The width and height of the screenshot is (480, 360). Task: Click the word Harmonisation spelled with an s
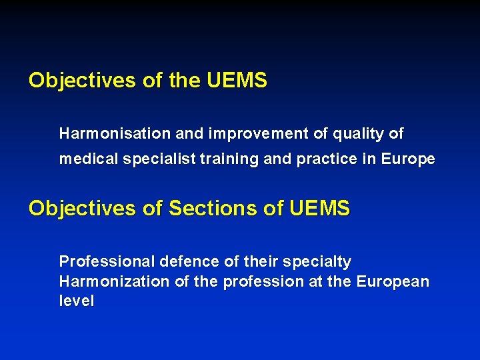click(115, 133)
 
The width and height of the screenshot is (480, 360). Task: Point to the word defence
click(186, 261)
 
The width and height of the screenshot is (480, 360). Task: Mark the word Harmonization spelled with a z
click(115, 281)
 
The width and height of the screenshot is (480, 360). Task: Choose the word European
click(393, 281)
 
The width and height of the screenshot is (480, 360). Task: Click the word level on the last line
click(77, 301)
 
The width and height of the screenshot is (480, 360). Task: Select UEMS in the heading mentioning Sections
click(319, 209)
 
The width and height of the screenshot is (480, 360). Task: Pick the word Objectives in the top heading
click(83, 81)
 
